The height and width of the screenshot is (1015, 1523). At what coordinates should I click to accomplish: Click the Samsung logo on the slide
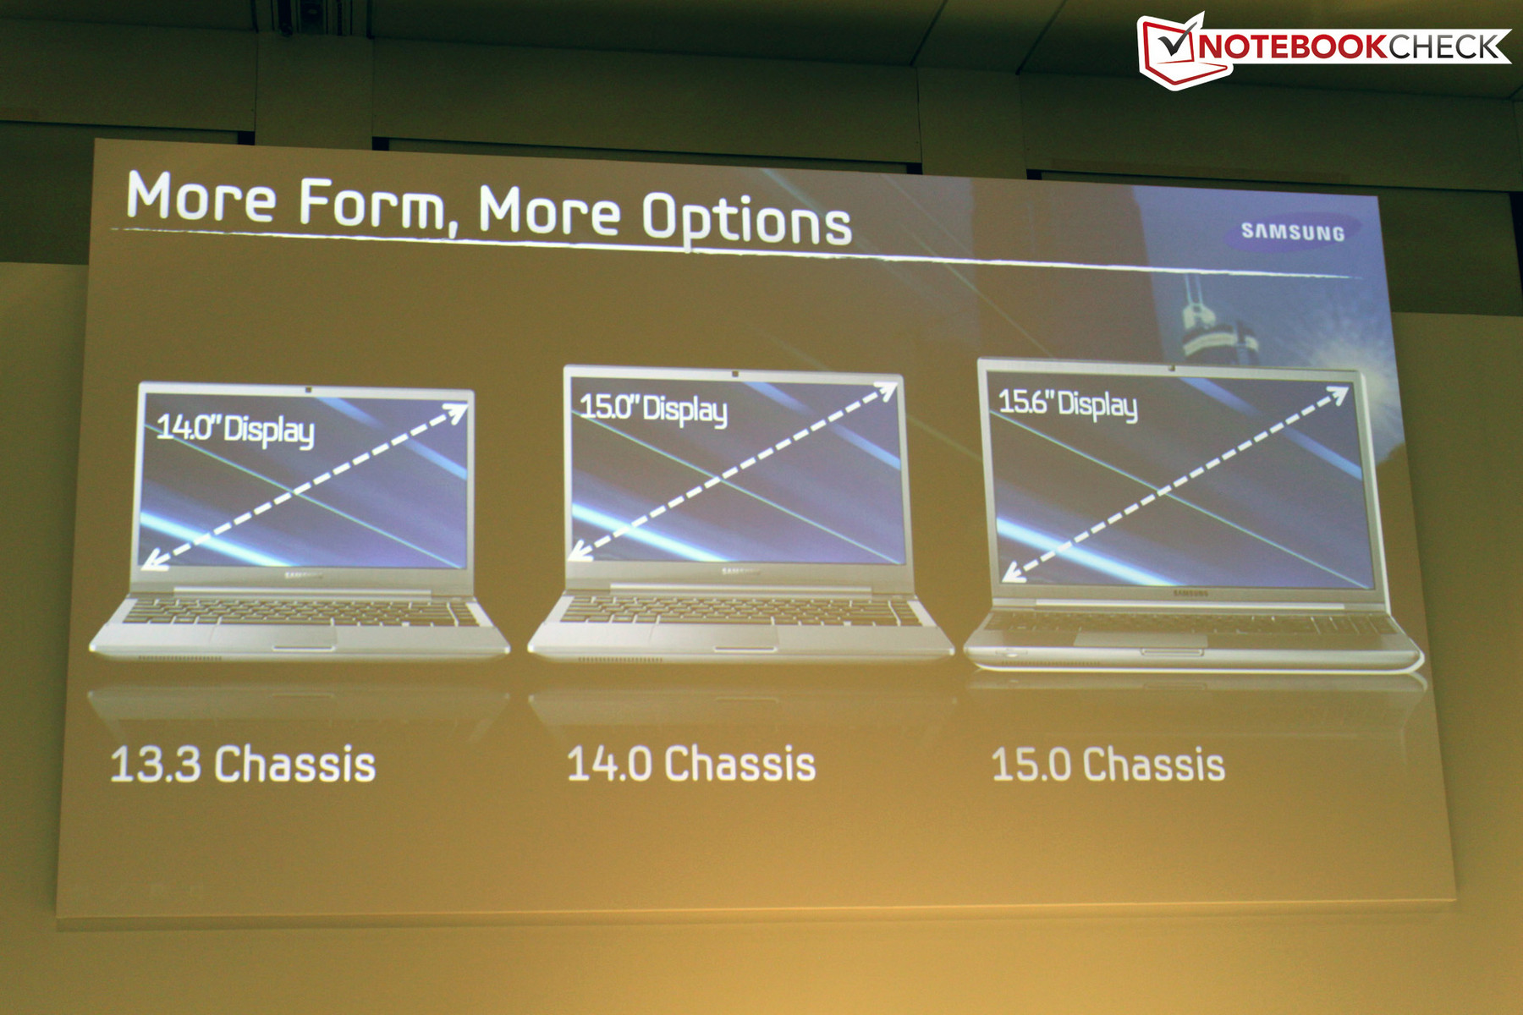(1292, 232)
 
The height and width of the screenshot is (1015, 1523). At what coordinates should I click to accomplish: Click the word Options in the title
(746, 219)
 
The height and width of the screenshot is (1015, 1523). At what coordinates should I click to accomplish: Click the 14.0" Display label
(235, 429)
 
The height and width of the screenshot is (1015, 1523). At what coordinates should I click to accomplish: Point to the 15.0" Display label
(652, 409)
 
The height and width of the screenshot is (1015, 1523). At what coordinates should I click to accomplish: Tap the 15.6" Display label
(1068, 403)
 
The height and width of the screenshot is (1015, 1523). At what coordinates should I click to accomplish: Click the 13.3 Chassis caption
(243, 765)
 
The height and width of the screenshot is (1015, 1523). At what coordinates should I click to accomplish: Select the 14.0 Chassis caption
(691, 764)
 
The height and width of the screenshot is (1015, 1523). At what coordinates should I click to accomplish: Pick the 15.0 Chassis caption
(1108, 765)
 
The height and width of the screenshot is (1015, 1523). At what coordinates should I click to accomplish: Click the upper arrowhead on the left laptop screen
(455, 413)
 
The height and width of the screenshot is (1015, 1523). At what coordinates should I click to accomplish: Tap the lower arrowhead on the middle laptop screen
(580, 551)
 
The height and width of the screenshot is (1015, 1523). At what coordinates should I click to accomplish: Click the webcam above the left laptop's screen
(308, 389)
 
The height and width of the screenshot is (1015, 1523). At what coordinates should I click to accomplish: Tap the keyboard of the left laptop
(300, 612)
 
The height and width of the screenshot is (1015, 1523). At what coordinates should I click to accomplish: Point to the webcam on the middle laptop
(735, 374)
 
